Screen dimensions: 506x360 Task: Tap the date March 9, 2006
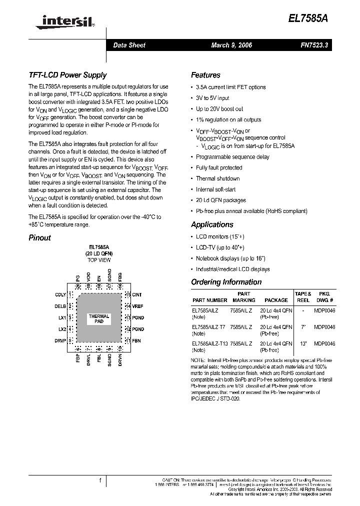pyautogui.click(x=231, y=45)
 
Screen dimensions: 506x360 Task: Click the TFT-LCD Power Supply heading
pyautogui.click(x=67, y=75)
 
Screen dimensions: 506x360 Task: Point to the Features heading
pyautogui.click(x=205, y=75)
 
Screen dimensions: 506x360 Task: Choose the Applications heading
pyautogui.click(x=212, y=225)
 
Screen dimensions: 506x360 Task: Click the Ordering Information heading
pyautogui.click(x=226, y=282)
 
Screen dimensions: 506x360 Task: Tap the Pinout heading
pyautogui.click(x=39, y=238)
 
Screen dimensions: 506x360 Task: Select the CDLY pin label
pyautogui.click(x=60, y=295)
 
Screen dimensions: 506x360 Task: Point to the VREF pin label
pyautogui.click(x=137, y=306)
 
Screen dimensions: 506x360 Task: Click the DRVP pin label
pyautogui.click(x=60, y=340)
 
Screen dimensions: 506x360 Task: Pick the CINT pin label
pyautogui.click(x=137, y=295)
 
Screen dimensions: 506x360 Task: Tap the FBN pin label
pyautogui.click(x=136, y=340)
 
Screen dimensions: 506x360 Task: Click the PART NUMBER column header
pyautogui.click(x=209, y=300)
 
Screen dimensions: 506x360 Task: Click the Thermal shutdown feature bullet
pyautogui.click(x=217, y=179)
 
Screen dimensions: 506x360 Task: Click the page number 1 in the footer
pyautogui.click(x=100, y=481)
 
